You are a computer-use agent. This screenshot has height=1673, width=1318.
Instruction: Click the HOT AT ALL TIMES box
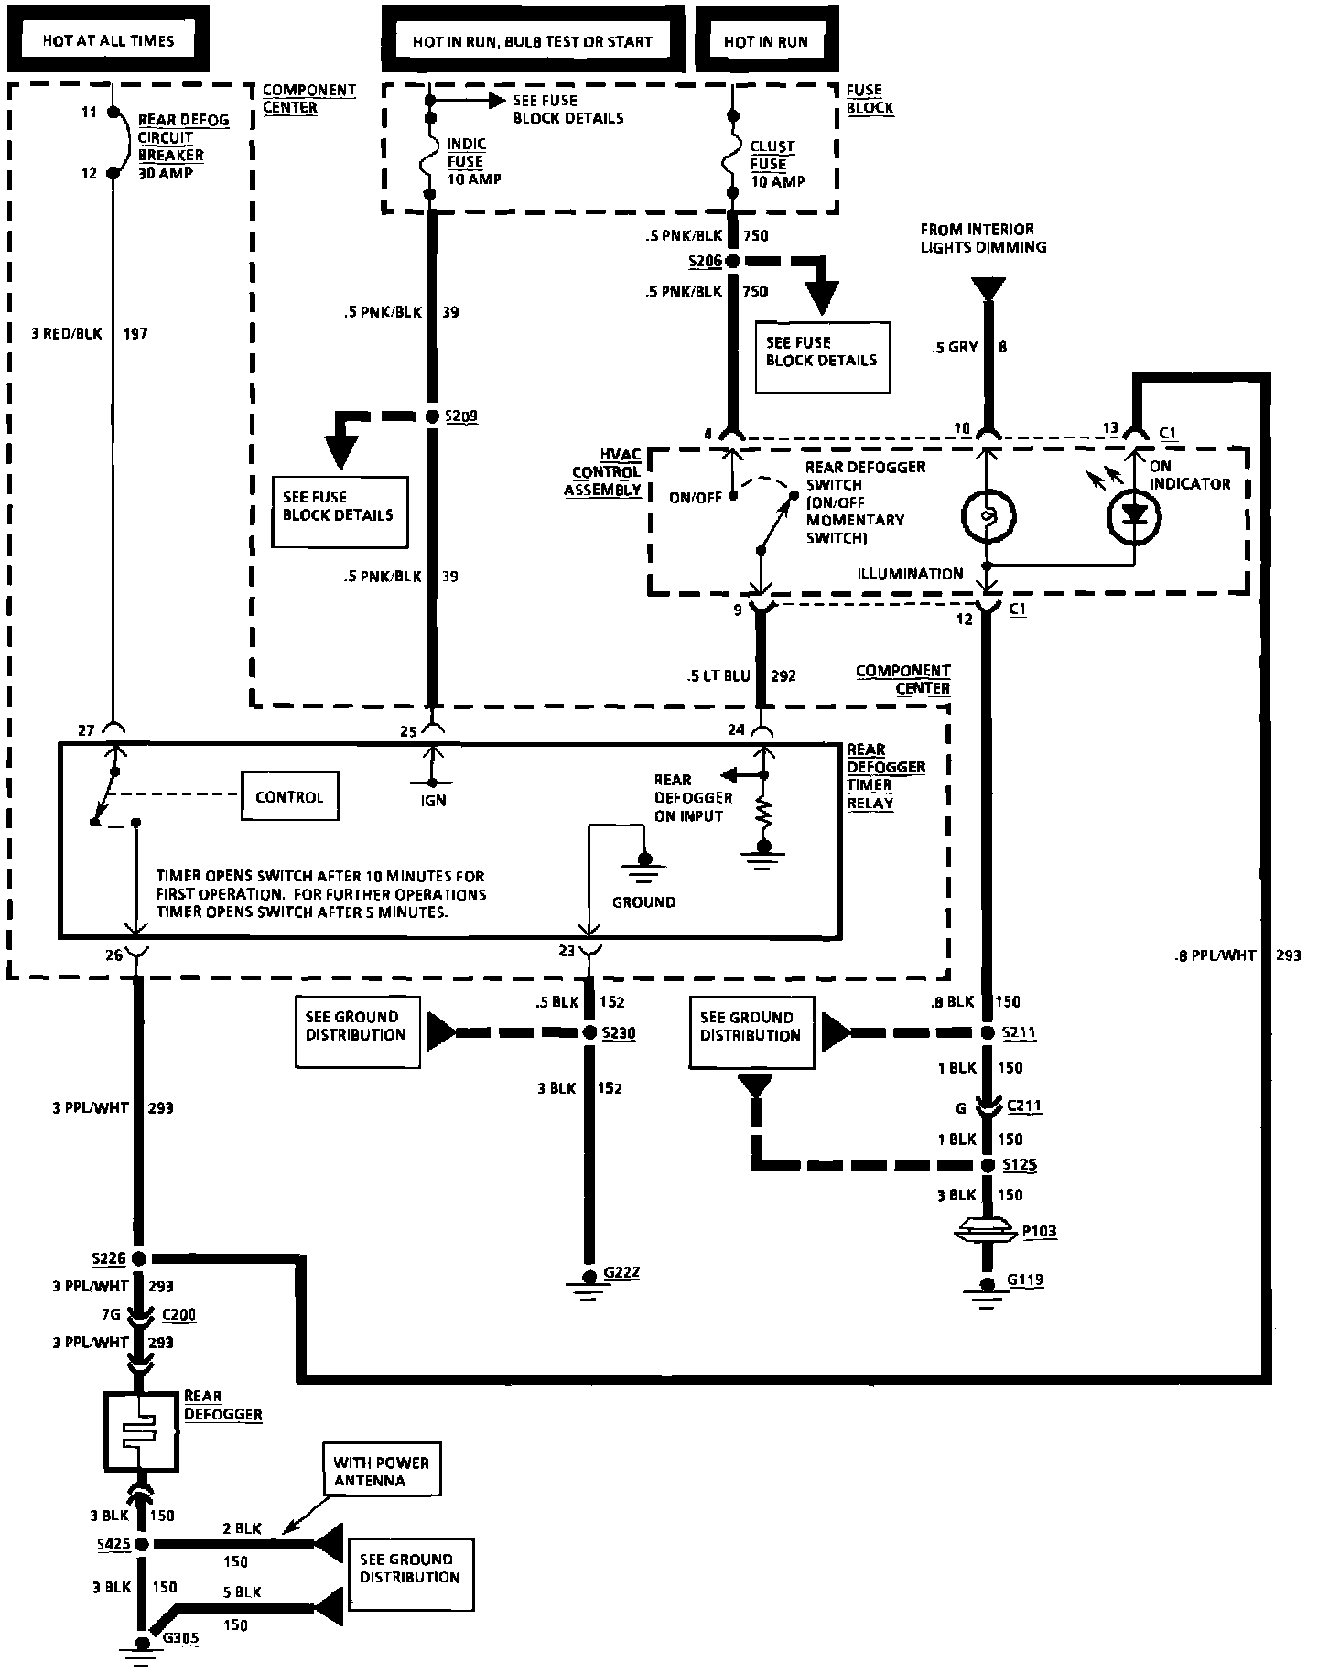(107, 39)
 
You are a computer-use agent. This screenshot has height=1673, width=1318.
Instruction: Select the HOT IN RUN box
(766, 40)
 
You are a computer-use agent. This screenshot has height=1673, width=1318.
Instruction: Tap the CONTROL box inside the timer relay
(289, 796)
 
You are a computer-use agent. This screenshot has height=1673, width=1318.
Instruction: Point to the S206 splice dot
(732, 261)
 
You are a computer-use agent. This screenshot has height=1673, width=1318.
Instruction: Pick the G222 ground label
(621, 1272)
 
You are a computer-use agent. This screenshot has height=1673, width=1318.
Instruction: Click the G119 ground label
(1025, 1279)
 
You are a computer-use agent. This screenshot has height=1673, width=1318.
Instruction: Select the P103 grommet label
(1039, 1231)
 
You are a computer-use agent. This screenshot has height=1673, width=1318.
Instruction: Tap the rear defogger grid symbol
(141, 1431)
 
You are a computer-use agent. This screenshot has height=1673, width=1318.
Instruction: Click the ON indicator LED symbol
(1135, 515)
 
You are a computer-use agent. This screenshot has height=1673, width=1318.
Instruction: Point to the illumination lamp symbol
(987, 516)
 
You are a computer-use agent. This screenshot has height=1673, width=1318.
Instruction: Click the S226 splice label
(110, 1259)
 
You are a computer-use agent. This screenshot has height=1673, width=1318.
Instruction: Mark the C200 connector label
(178, 1315)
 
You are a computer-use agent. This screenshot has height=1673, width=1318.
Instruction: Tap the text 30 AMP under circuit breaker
(166, 173)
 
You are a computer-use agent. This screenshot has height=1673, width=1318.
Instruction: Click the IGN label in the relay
(434, 800)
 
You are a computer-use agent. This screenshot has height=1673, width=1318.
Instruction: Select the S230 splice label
(619, 1032)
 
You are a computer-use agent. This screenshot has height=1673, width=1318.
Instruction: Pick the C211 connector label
(1025, 1106)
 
